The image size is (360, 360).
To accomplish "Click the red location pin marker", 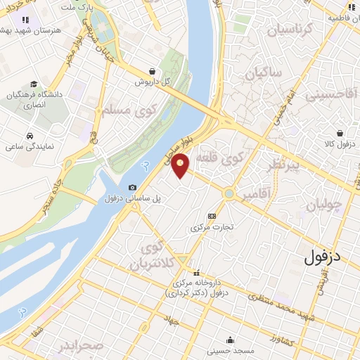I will (181, 166).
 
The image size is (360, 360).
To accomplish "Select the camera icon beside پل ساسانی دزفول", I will (133, 187).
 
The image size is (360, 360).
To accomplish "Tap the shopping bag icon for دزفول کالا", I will (340, 132).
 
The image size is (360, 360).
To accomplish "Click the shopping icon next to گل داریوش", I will (153, 70).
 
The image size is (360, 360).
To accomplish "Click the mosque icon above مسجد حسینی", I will (230, 338).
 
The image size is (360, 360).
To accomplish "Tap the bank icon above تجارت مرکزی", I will (212, 216).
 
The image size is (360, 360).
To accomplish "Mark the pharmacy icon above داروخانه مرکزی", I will (196, 272).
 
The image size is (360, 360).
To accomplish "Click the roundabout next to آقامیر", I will (230, 193).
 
